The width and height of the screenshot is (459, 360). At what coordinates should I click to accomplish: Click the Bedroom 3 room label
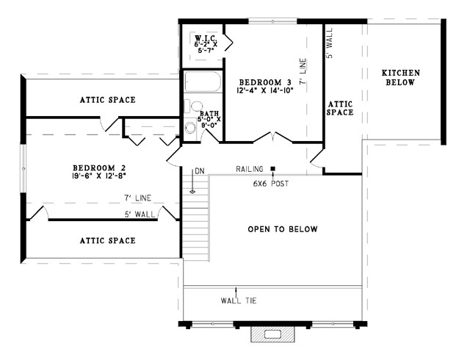(x=265, y=82)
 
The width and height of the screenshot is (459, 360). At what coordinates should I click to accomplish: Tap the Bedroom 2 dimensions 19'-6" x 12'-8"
(x=99, y=176)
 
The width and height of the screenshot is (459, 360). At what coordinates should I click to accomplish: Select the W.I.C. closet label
(x=206, y=38)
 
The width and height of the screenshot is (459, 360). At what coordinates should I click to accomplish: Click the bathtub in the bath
(x=203, y=82)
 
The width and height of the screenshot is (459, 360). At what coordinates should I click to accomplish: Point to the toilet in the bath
(x=193, y=106)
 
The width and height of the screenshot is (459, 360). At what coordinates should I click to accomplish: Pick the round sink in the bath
(x=190, y=128)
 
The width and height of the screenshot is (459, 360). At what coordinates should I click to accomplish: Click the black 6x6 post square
(x=272, y=168)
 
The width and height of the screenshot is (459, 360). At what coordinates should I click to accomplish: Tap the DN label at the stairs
(x=199, y=171)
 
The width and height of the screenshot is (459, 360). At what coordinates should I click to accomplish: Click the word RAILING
(x=250, y=169)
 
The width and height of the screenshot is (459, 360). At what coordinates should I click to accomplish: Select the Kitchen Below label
(x=400, y=77)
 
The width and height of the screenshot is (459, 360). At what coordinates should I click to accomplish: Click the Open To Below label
(x=283, y=229)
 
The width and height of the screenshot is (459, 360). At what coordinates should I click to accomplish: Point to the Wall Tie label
(x=239, y=300)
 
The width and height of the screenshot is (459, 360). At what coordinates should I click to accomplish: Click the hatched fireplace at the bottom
(x=272, y=334)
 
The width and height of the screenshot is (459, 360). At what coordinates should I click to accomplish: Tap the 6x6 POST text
(x=271, y=184)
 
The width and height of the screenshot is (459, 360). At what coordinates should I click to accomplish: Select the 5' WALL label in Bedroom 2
(x=140, y=215)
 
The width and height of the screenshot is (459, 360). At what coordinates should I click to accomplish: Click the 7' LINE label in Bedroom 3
(x=303, y=71)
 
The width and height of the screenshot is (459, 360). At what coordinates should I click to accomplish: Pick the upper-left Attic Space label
(x=108, y=100)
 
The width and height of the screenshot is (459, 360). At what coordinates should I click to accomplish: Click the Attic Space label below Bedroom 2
(x=108, y=240)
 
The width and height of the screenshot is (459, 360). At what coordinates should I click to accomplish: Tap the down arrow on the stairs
(x=192, y=181)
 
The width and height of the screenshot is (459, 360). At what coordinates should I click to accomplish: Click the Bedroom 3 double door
(x=272, y=137)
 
